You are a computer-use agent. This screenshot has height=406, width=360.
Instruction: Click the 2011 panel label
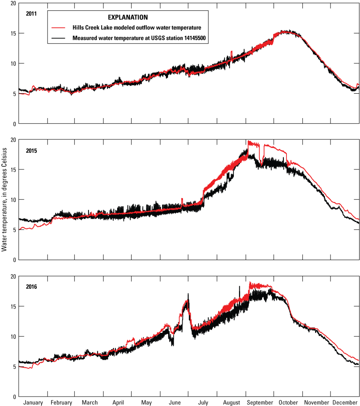(31, 13)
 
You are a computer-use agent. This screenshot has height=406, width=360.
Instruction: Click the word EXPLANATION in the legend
(127, 18)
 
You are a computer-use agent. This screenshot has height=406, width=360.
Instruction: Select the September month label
(260, 403)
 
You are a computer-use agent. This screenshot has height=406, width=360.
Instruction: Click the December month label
(345, 403)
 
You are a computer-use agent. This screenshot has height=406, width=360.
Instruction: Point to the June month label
(175, 403)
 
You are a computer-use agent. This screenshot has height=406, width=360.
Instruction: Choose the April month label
(118, 403)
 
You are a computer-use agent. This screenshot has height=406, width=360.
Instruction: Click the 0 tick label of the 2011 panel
(15, 124)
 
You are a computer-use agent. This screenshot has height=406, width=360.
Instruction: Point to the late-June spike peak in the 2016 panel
(188, 294)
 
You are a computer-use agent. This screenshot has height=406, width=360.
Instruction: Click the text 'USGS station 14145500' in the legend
(174, 38)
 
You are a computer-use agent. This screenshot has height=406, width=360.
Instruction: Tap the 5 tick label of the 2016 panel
(15, 367)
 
